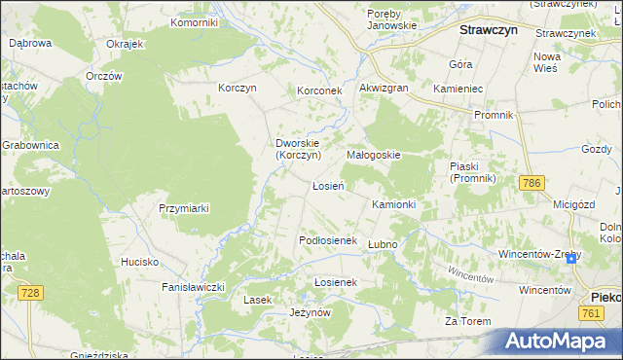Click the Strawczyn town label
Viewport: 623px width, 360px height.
487,30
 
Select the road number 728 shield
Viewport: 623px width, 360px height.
32,293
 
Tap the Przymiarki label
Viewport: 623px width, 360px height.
184,208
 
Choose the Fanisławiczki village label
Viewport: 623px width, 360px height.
194,287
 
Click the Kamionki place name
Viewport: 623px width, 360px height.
393,205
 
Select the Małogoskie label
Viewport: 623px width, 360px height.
374,155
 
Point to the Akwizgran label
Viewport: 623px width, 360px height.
383,89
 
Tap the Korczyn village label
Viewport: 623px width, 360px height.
238,89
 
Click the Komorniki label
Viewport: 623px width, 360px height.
194,21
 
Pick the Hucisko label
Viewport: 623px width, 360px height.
139,262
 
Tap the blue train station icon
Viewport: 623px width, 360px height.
570,258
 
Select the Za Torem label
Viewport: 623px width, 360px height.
465,321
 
